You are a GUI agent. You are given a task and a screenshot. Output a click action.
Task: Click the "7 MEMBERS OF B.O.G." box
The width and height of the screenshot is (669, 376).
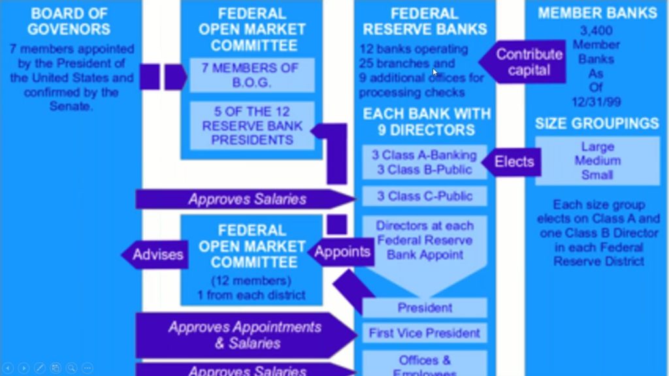tap(252, 75)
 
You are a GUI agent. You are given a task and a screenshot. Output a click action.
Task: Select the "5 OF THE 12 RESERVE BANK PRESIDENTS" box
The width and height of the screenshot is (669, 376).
tap(252, 125)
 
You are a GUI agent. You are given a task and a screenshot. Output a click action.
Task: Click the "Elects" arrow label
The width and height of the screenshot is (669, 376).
tap(514, 161)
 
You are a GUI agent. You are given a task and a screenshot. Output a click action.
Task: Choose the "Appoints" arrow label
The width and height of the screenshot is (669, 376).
tap(342, 251)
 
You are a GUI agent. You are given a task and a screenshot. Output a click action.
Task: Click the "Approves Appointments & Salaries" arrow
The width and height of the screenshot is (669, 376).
tap(244, 335)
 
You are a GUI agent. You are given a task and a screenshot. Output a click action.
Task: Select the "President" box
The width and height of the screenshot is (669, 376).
tap(425, 307)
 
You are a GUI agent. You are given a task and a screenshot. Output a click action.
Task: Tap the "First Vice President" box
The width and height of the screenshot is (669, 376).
tap(425, 333)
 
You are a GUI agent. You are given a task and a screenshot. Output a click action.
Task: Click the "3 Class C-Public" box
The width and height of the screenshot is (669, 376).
tap(425, 196)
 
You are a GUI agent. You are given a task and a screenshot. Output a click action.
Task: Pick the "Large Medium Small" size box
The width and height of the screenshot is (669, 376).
tap(597, 161)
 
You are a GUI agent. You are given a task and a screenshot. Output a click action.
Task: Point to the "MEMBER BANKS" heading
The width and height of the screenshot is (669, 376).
tap(597, 13)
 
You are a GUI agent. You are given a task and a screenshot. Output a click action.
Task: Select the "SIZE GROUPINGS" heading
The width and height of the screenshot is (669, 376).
tap(597, 123)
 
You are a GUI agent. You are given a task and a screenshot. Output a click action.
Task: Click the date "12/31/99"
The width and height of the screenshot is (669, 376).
tap(596, 103)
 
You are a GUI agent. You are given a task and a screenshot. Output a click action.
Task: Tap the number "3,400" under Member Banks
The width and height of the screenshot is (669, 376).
tap(596, 30)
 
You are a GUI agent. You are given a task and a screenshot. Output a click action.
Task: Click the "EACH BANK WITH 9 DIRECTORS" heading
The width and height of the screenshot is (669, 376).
tap(425, 121)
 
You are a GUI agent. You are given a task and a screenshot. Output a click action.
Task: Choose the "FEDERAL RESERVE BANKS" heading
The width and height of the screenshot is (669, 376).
tap(425, 22)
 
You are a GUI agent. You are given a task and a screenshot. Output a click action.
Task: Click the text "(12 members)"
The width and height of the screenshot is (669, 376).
tap(251, 281)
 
